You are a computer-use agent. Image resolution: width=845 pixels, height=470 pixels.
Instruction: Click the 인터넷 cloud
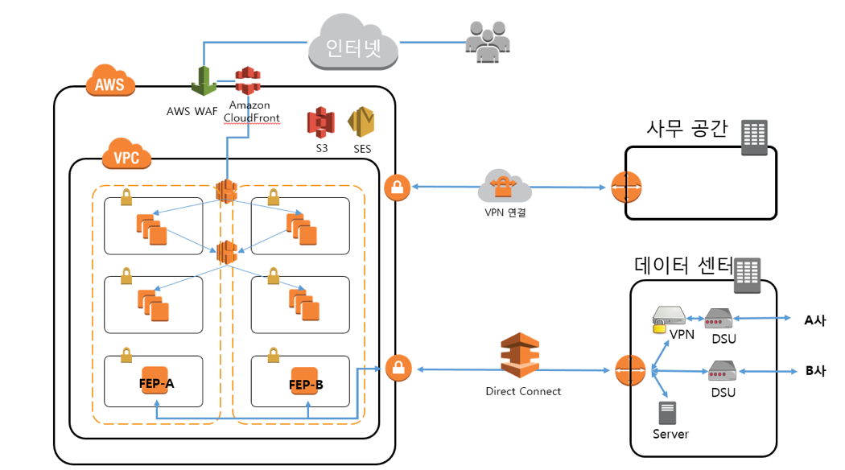coord(353,47)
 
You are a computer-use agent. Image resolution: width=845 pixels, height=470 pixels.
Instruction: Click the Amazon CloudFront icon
coord(249,82)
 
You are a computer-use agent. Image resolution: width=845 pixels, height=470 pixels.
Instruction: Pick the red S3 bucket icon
coord(320,122)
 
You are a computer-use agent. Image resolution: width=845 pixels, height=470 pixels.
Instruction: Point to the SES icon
coord(361,122)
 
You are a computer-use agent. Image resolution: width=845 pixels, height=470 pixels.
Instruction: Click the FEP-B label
coord(306,385)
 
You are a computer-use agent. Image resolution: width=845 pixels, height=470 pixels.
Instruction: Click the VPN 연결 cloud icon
coord(504,188)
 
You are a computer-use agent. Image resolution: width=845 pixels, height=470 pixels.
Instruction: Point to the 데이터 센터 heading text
coord(683,266)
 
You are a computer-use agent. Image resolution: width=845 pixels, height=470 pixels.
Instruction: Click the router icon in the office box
coord(626,188)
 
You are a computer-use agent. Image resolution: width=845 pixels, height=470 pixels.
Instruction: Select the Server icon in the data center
coord(667,413)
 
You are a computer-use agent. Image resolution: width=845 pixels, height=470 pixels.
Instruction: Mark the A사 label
coord(814,320)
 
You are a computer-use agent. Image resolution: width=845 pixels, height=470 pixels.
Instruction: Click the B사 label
coord(815,371)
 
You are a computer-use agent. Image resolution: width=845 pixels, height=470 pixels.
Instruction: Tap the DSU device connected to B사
coord(720,372)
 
